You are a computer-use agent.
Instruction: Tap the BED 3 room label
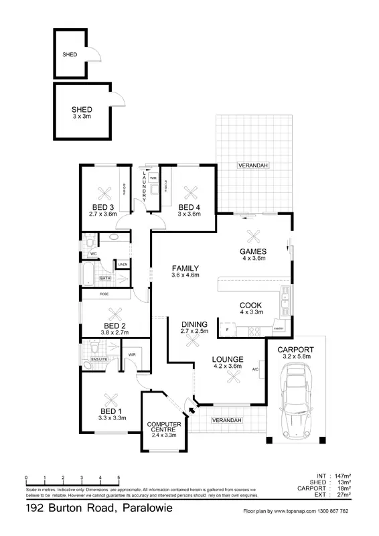coord(102,206)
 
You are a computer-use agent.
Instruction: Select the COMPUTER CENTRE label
coord(165,427)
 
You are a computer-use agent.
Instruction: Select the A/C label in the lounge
coord(256,369)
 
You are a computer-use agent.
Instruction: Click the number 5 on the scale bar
coord(119,478)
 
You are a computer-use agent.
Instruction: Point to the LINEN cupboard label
coord(123,265)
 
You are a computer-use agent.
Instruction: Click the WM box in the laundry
coord(153,178)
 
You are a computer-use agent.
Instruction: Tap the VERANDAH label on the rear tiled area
coord(252,165)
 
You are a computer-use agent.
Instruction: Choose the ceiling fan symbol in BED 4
coord(189,188)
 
